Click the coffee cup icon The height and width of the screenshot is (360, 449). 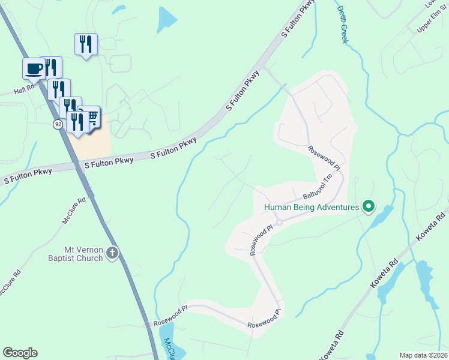click(x=34, y=68)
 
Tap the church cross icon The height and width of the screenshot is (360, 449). click(x=112, y=253)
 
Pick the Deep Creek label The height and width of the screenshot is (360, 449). click(x=343, y=24)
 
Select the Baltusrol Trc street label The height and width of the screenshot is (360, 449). click(x=318, y=188)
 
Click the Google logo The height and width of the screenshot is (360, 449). click(x=20, y=353)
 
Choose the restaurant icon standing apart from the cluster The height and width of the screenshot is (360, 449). click(x=86, y=44)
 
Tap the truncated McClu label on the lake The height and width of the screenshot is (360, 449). click(x=169, y=349)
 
